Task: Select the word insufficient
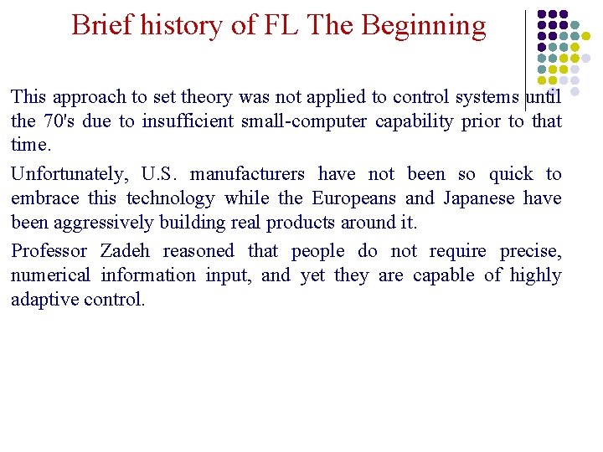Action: pyautogui.click(x=188, y=121)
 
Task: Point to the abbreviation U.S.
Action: pyautogui.click(x=161, y=174)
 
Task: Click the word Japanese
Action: pyautogui.click(x=476, y=198)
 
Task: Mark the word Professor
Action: pyautogui.click(x=49, y=251)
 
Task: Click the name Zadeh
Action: pyautogui.click(x=126, y=251)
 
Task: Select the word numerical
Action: pyautogui.click(x=50, y=275)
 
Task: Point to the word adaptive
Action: pyautogui.click(x=44, y=300)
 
